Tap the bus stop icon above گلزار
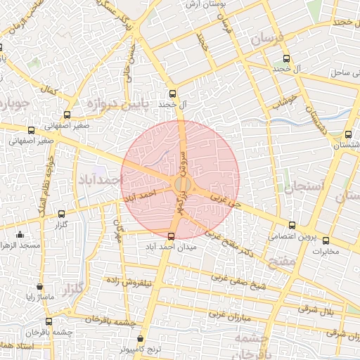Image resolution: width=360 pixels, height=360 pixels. (x=61, y=214)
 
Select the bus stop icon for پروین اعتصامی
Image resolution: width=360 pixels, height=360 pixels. (x=292, y=225)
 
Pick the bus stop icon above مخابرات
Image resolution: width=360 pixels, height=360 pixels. (x=324, y=239)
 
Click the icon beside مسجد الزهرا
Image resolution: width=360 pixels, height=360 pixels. (x=20, y=235)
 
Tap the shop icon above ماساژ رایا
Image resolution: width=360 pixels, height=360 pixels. (x=39, y=286)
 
